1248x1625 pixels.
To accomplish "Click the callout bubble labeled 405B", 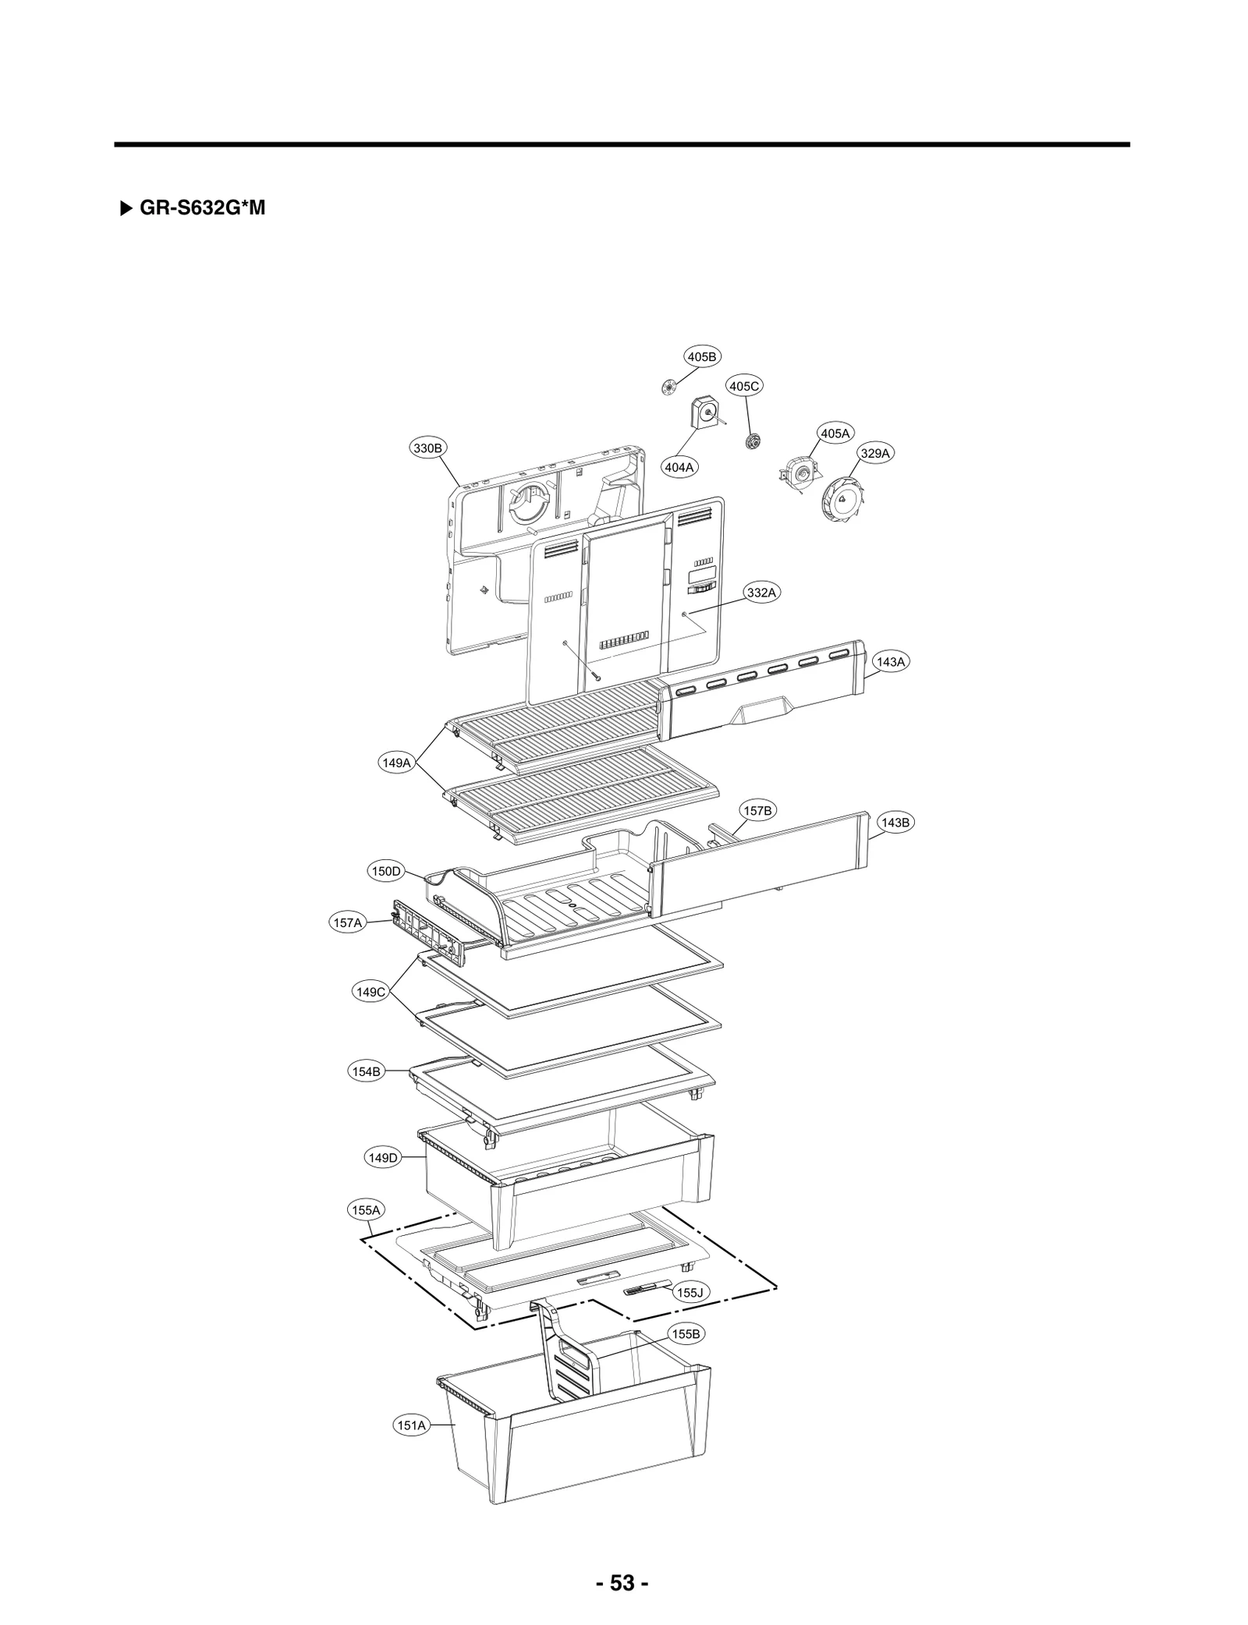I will click(x=702, y=356).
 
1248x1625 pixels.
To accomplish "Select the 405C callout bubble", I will click(x=745, y=386).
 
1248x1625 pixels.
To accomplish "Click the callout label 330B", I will click(x=428, y=448).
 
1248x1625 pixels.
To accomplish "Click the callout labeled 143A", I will click(x=891, y=662).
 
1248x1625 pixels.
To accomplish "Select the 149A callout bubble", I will click(x=396, y=763).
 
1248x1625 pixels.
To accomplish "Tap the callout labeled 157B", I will click(x=757, y=811).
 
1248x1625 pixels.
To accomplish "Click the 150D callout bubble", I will click(x=385, y=871).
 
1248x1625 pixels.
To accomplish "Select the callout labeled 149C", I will click(x=370, y=992).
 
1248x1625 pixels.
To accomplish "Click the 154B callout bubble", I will click(x=366, y=1071).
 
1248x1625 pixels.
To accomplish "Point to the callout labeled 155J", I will click(x=690, y=1293).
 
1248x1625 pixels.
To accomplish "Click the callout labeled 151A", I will click(x=411, y=1425).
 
